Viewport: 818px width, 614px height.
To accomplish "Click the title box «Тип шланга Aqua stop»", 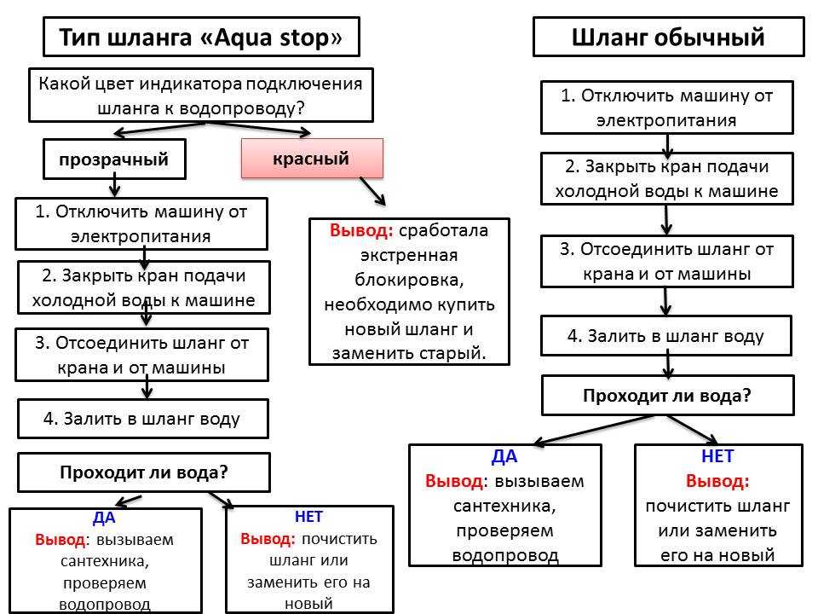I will coord(200,38).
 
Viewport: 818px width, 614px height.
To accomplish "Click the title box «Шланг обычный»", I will coord(668,38).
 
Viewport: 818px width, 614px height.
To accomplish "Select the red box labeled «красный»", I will coord(311,159).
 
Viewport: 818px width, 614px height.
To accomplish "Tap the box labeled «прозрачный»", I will coord(114,159).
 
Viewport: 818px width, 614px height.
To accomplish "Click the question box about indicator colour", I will coord(201,96).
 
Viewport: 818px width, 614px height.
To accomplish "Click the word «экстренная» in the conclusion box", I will coord(410,255).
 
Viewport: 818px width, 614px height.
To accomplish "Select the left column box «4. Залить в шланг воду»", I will coord(143,419).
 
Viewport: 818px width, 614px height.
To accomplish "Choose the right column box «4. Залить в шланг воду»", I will coord(666,335).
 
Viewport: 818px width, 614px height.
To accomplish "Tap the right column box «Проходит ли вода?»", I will coord(667,396).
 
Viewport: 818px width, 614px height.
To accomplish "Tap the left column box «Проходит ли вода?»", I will coord(144,472).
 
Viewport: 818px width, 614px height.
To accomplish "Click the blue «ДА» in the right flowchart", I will coord(504,456).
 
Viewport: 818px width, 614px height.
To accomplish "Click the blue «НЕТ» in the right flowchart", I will coord(717,456).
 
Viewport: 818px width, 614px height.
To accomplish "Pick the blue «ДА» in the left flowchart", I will coord(104,518).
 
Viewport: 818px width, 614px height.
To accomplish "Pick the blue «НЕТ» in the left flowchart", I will coord(308,516).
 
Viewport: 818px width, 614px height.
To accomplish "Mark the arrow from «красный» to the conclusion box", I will coord(372,191).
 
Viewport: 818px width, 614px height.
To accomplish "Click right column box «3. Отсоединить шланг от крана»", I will coord(666,262).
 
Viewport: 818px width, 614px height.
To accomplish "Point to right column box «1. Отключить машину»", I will coord(666,107).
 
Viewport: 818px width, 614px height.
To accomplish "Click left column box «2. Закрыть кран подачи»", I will coord(143,288).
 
